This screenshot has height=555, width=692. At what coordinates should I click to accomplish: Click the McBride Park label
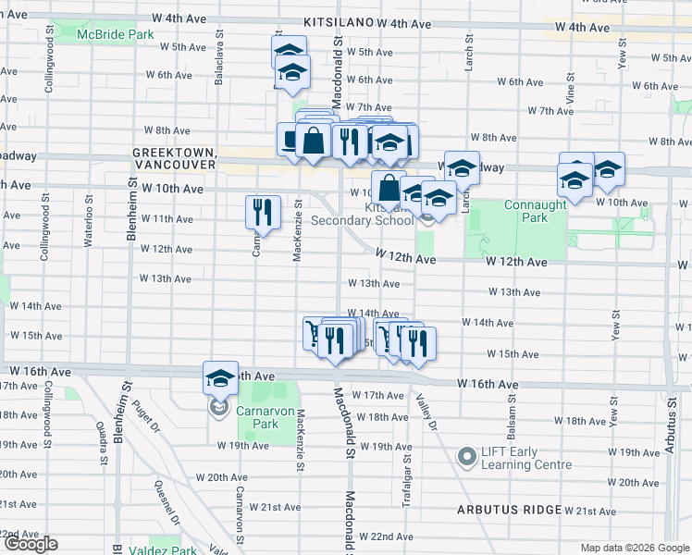[115, 34]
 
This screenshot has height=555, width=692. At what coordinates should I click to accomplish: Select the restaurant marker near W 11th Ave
[263, 212]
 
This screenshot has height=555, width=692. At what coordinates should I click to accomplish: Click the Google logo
[30, 544]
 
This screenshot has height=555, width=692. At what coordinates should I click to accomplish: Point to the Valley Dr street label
[430, 408]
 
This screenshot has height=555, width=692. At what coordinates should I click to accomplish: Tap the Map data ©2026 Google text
[634, 548]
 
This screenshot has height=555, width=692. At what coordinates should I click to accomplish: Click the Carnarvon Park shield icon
[220, 408]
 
